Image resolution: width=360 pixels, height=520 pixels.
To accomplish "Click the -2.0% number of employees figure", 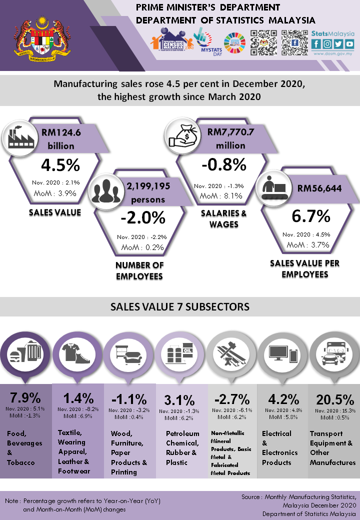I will click(x=142, y=218).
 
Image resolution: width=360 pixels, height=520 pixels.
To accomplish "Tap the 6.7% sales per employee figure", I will click(x=311, y=216).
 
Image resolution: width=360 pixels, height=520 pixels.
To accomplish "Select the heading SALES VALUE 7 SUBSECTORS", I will click(x=179, y=306).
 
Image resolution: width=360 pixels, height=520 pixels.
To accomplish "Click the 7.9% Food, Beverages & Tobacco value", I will click(x=25, y=398).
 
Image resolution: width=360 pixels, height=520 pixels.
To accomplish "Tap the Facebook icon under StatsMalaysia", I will click(x=316, y=44).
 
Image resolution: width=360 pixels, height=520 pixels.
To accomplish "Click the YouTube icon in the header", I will click(x=349, y=44).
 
